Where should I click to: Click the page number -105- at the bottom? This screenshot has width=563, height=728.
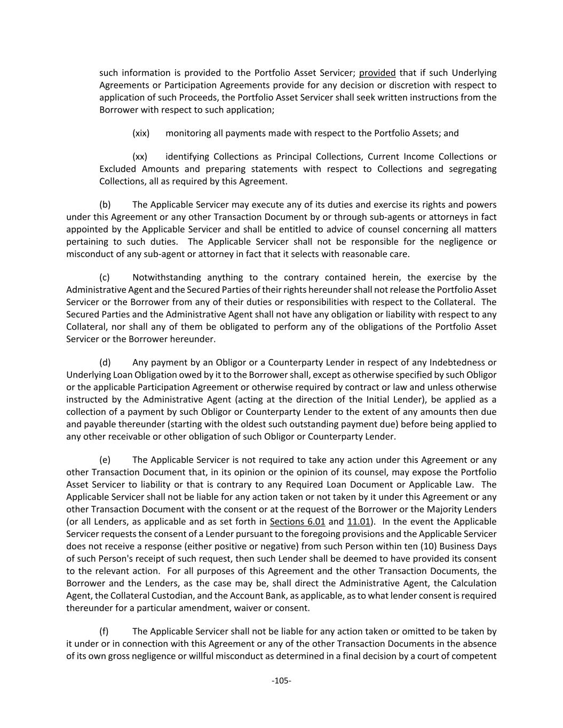pos(281,681)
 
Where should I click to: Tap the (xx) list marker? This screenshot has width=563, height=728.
pos(140,157)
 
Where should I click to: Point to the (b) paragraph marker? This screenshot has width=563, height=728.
pos(105,205)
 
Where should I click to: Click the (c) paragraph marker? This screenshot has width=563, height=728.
pos(105,277)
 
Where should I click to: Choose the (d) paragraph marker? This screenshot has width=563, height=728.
pos(105,363)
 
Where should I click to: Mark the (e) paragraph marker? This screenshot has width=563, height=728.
pos(105,460)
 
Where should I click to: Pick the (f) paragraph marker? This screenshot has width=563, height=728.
pos(104,631)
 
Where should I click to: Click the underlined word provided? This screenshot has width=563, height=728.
pos(377,73)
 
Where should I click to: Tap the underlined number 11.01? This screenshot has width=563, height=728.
pos(359,522)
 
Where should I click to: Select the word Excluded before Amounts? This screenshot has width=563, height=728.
pos(117,169)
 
